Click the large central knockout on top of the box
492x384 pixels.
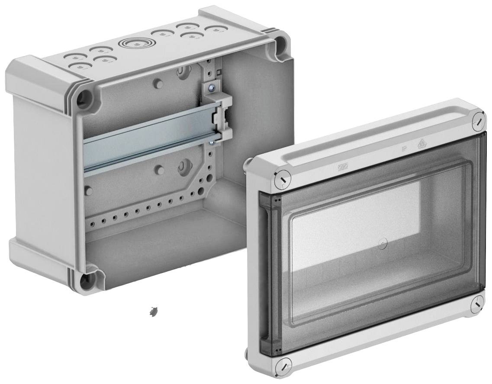tap(135, 44)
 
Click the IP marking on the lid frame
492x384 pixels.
tap(404, 150)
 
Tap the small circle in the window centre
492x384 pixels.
tap(381, 244)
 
